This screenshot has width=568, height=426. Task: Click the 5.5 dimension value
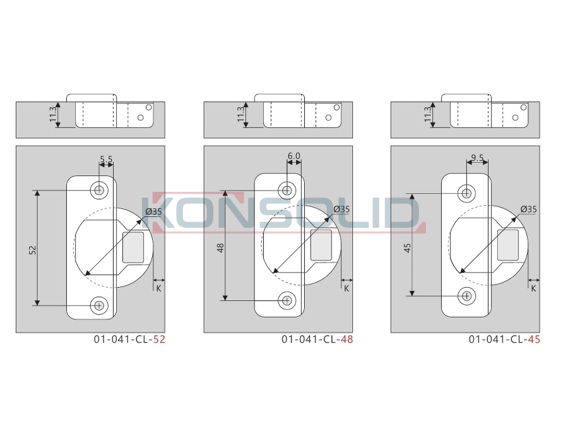[x=107, y=159]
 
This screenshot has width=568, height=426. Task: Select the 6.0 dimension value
[x=294, y=156]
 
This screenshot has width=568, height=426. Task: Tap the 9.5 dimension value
[x=478, y=158]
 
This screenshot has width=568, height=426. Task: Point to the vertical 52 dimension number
[x=33, y=250]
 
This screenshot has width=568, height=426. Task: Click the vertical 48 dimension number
[x=221, y=248]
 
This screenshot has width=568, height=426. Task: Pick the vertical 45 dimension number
[x=408, y=248]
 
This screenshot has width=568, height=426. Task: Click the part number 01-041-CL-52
[x=129, y=340]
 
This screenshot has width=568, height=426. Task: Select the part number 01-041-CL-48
[x=317, y=340]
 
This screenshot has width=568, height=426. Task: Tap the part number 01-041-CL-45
[x=505, y=340]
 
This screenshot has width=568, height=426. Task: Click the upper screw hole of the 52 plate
[x=99, y=190]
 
